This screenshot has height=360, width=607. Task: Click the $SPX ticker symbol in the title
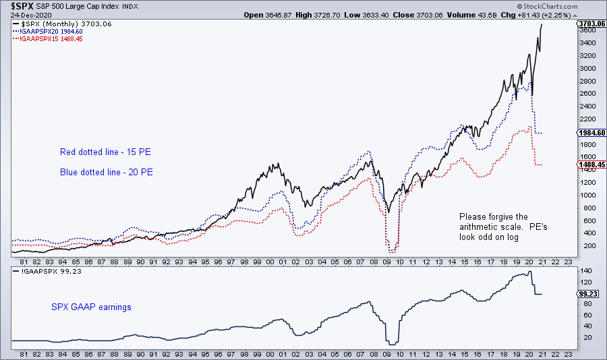(x=15, y=7)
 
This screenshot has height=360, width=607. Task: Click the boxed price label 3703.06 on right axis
(x=591, y=24)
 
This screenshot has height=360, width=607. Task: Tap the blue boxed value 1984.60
(x=591, y=133)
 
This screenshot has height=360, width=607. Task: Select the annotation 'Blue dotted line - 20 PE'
(x=107, y=172)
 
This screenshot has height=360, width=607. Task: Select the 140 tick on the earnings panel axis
(x=584, y=271)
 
